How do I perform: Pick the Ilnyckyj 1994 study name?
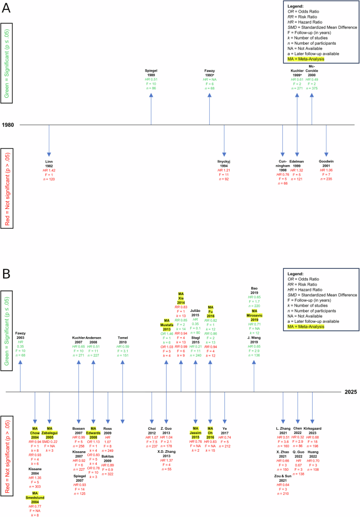click(224, 161)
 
